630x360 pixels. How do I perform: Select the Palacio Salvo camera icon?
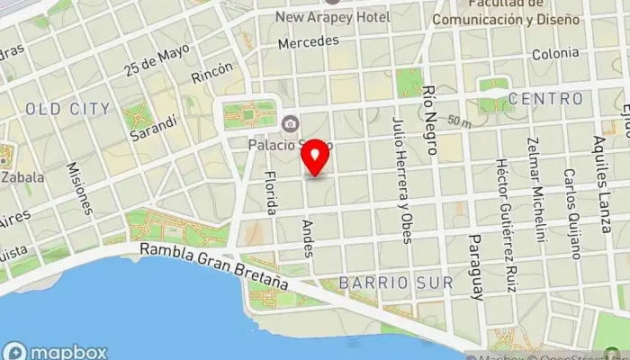click(290, 123)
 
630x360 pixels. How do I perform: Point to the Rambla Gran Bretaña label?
click(213, 267)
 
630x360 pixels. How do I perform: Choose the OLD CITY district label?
click(67, 109)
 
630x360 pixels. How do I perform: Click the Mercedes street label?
click(309, 41)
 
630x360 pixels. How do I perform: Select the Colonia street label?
click(555, 53)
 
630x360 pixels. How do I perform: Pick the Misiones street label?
click(79, 188)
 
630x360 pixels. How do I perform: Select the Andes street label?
click(309, 237)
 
